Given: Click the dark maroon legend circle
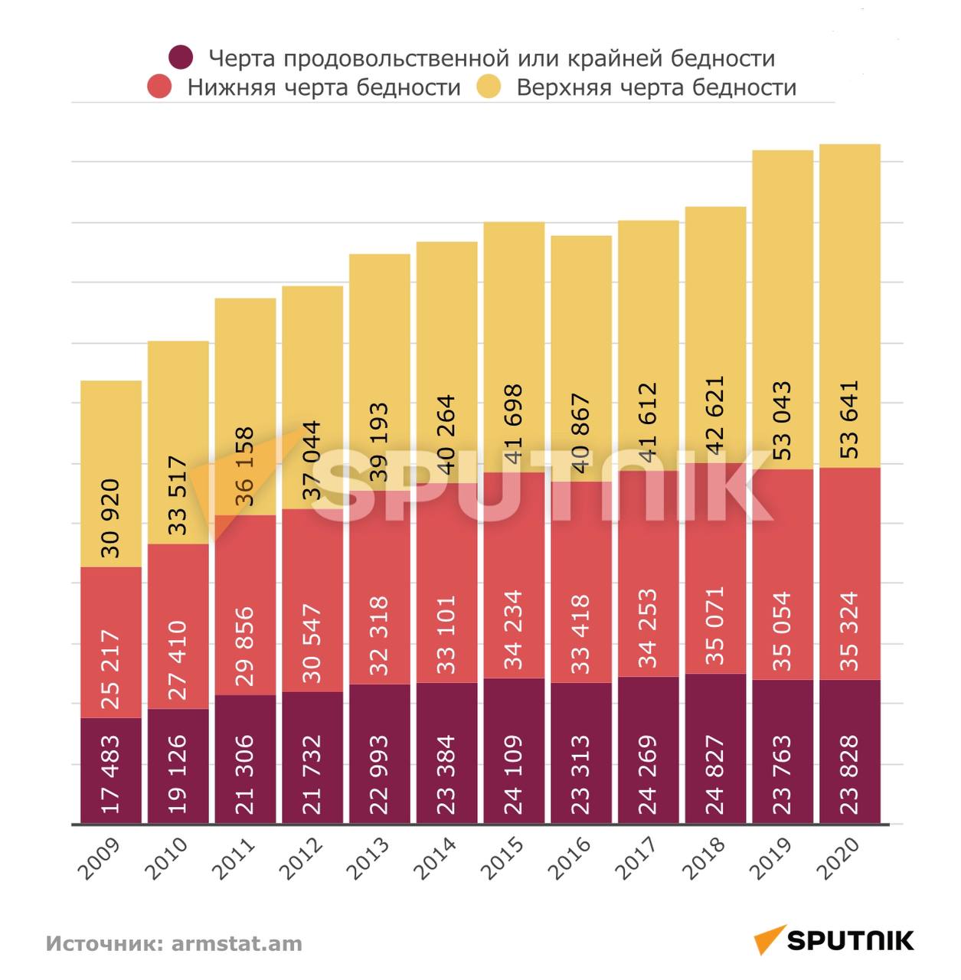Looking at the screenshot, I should (x=181, y=57).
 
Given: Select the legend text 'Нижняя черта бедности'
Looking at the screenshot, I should (x=324, y=87).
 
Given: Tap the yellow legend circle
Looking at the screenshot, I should (x=489, y=87).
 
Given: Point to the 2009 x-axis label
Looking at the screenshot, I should (x=100, y=858).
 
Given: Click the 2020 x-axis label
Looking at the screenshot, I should (x=839, y=858).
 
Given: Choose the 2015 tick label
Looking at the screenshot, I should (x=503, y=858).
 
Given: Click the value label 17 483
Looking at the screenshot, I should (x=111, y=774).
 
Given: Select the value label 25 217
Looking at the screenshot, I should (x=111, y=670).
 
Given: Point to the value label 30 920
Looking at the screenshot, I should (x=111, y=518).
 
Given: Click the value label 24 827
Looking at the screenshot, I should (x=714, y=774).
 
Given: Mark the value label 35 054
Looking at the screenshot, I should (x=782, y=632).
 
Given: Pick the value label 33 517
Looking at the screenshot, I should (x=178, y=495).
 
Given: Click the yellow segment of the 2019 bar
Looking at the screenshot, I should (x=782, y=268).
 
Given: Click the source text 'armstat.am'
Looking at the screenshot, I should (x=237, y=943).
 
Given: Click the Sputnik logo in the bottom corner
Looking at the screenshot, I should (x=834, y=939).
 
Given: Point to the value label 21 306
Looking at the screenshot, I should (x=245, y=774).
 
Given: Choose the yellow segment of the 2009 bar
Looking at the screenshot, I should (x=111, y=429).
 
